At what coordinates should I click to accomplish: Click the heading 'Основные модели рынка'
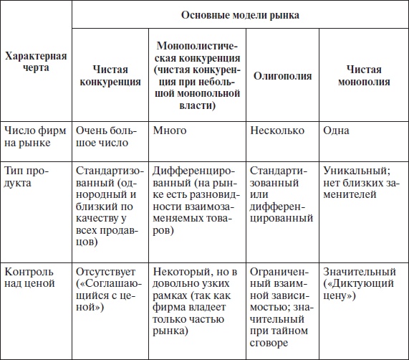(240, 14)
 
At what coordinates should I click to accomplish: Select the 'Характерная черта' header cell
(36, 63)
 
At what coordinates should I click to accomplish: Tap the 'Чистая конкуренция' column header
(110, 76)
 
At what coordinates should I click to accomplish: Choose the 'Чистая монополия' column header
(363, 76)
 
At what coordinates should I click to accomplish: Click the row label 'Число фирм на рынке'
(35, 137)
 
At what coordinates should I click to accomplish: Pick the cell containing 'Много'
(170, 131)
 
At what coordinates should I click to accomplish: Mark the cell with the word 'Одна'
(336, 131)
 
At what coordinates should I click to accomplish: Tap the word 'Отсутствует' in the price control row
(106, 273)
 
